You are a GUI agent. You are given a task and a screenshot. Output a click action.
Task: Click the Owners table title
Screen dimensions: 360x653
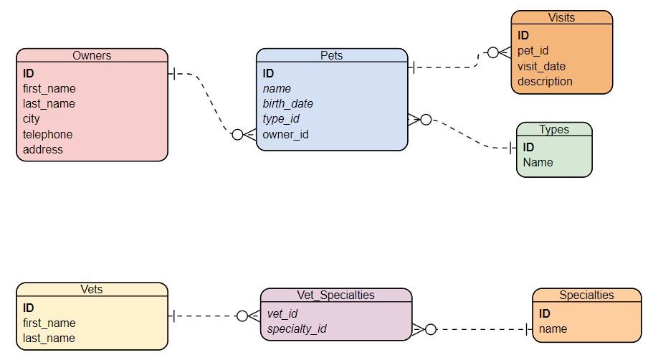pyautogui.click(x=92, y=55)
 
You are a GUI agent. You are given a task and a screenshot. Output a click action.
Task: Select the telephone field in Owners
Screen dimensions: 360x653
pyautogui.click(x=47, y=134)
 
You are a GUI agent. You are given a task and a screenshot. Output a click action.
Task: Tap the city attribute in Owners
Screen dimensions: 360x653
pyautogui.click(x=32, y=119)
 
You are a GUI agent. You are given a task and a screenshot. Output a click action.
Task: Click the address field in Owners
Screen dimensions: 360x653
pyautogui.click(x=43, y=149)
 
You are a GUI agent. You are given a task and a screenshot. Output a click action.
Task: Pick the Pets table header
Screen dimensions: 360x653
pyautogui.click(x=331, y=55)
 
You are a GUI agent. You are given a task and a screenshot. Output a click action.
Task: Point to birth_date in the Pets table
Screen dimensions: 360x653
pyautogui.click(x=287, y=103)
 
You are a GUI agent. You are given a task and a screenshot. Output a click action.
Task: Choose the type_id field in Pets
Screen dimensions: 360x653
pyautogui.click(x=281, y=119)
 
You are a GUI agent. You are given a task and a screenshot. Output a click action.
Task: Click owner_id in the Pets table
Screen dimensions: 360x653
pyautogui.click(x=285, y=134)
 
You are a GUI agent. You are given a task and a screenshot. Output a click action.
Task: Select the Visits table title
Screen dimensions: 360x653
pyautogui.click(x=561, y=17)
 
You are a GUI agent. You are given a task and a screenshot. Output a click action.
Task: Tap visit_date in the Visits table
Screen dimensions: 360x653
pyautogui.click(x=542, y=66)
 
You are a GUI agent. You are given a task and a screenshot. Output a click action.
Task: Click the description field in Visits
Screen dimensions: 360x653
pyautogui.click(x=545, y=81)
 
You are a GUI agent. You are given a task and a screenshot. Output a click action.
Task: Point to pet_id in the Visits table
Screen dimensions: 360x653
pyautogui.click(x=533, y=51)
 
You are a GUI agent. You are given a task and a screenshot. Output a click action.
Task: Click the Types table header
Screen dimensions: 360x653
pyautogui.click(x=554, y=129)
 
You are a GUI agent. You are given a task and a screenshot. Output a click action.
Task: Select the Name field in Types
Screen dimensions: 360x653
pyautogui.click(x=538, y=162)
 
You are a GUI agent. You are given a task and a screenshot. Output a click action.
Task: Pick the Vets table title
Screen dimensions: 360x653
pyautogui.click(x=92, y=289)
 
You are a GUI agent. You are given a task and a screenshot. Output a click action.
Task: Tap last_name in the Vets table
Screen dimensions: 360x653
pyautogui.click(x=49, y=338)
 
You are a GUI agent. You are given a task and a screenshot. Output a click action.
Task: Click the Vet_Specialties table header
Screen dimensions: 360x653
pyautogui.click(x=335, y=295)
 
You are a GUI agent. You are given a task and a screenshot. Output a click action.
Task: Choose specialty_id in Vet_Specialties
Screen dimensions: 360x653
pyautogui.click(x=297, y=328)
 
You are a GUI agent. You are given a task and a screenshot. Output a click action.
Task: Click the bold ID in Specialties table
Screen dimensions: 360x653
pyautogui.click(x=545, y=313)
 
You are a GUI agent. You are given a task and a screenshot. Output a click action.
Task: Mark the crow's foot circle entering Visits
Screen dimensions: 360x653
pyautogui.click(x=492, y=52)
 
